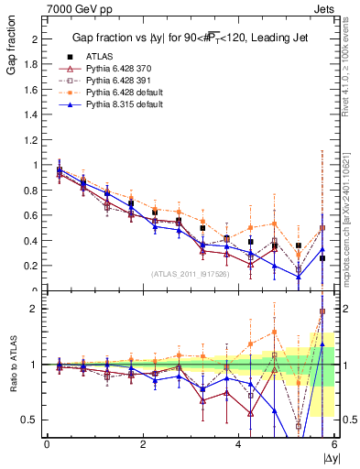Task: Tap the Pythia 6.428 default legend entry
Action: pos(122,92)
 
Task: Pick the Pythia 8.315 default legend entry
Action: pos(122,104)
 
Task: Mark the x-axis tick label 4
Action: pos(239,445)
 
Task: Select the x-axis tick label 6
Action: pos(334,445)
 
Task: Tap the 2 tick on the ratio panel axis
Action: pos(35,309)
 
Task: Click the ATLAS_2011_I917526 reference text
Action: pos(191,274)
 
